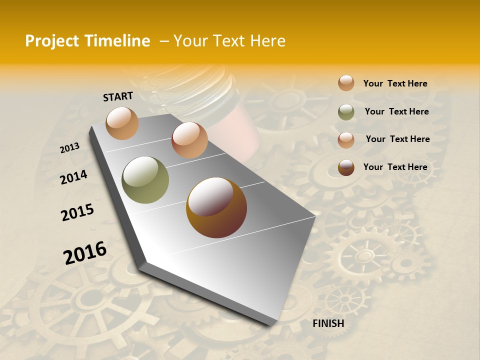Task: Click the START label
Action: (x=118, y=96)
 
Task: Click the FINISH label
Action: (x=328, y=323)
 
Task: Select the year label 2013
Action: (x=69, y=147)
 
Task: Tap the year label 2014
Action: (x=73, y=177)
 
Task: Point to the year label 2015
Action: (x=77, y=212)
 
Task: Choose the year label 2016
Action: (x=85, y=253)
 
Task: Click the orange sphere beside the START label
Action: (x=122, y=123)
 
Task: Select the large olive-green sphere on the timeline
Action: (x=145, y=179)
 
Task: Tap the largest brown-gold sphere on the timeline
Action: (x=216, y=207)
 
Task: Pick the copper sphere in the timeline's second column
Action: (x=189, y=140)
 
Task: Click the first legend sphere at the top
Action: (x=346, y=83)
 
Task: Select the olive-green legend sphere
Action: (x=346, y=112)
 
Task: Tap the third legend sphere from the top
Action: (x=346, y=140)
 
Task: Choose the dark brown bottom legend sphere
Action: (x=346, y=167)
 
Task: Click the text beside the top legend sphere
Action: (x=395, y=83)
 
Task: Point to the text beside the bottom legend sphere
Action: (x=395, y=167)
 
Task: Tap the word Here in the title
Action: (x=267, y=41)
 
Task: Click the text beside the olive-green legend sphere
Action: (x=396, y=111)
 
